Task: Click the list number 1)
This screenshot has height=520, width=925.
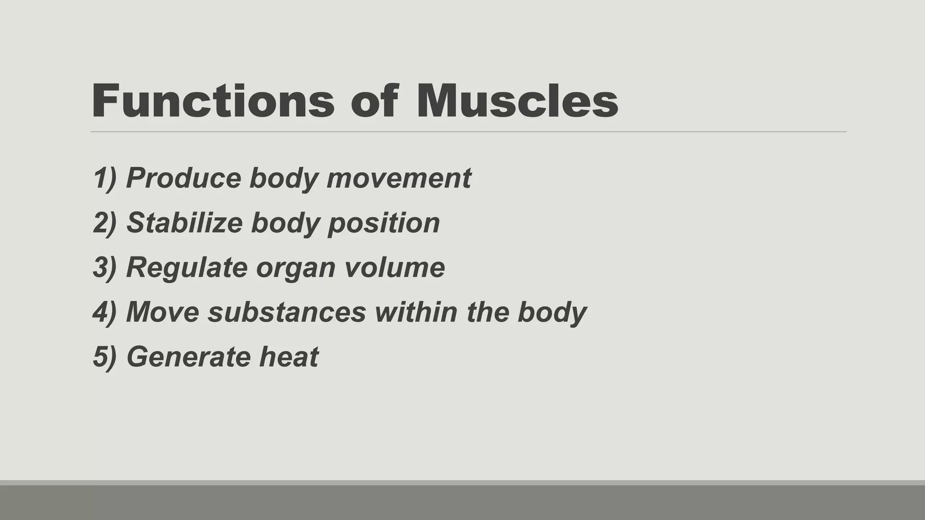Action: pyautogui.click(x=105, y=178)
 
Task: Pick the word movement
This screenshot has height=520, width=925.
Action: pyautogui.click(x=398, y=178)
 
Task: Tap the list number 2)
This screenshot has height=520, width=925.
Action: pyautogui.click(x=105, y=223)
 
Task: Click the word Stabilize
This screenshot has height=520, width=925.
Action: pyautogui.click(x=184, y=223)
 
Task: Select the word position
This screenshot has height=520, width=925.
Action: pyautogui.click(x=383, y=223)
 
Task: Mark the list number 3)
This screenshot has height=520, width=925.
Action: pyautogui.click(x=105, y=267)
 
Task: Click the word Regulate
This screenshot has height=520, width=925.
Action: pyautogui.click(x=187, y=267)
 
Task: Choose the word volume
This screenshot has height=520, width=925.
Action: pyautogui.click(x=394, y=267)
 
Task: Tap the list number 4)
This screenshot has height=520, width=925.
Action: pyautogui.click(x=105, y=312)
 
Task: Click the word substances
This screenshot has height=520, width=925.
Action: pyautogui.click(x=286, y=312)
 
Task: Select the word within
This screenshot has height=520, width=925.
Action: pyautogui.click(x=416, y=312)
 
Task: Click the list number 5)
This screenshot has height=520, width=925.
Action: pyautogui.click(x=105, y=357)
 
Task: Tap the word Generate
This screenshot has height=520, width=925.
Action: pyautogui.click(x=189, y=357)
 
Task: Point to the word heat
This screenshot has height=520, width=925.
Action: pyautogui.click(x=289, y=357)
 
